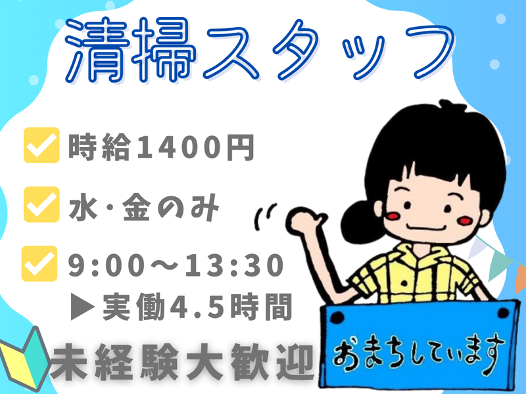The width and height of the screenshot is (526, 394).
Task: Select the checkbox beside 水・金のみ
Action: click(x=41, y=204)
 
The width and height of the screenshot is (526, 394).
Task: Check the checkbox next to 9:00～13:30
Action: click(x=41, y=262)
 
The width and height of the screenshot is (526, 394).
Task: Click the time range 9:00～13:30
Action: click(x=176, y=265)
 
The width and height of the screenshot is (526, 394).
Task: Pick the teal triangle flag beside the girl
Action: click(x=502, y=263)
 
